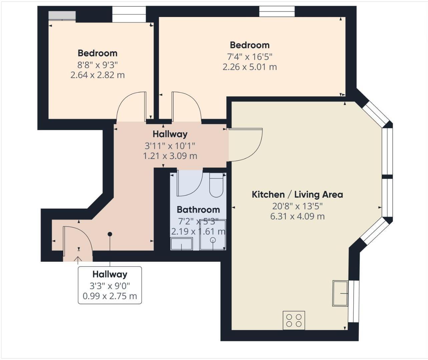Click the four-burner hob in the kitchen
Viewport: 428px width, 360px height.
click(x=294, y=320)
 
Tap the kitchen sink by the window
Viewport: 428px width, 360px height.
click(x=340, y=293)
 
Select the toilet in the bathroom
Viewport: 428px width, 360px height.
click(x=216, y=186)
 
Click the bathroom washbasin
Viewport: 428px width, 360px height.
click(x=181, y=244)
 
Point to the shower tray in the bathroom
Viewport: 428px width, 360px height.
click(x=213, y=235)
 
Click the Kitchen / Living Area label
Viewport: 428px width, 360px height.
click(x=297, y=195)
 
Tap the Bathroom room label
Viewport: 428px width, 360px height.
click(x=198, y=210)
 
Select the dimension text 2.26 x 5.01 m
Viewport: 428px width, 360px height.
click(x=250, y=67)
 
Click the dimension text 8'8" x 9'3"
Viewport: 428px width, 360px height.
click(x=97, y=65)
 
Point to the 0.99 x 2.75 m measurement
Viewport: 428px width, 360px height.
click(x=110, y=296)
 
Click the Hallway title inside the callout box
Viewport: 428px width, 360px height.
click(x=110, y=274)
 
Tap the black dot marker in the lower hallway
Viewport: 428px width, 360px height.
click(x=110, y=234)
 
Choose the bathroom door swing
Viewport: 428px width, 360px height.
click(x=189, y=183)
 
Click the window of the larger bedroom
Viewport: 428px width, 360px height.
click(x=277, y=12)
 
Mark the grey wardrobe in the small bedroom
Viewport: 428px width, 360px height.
click(x=62, y=15)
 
